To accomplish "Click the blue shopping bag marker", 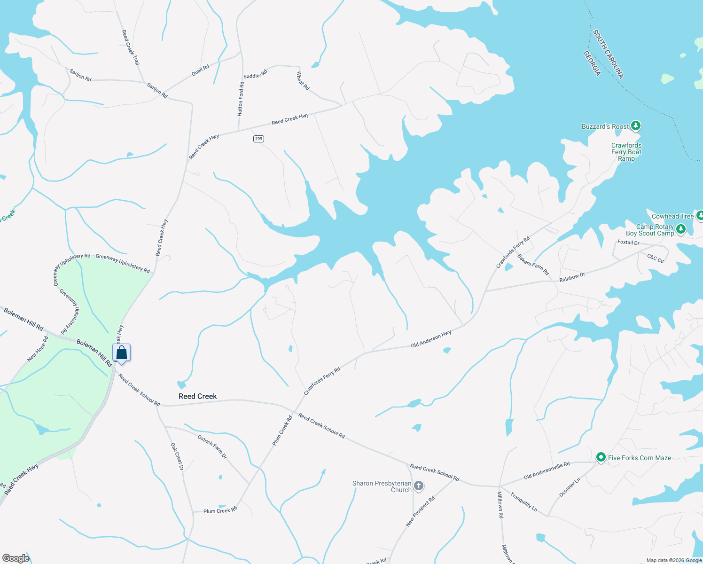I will pos(121,353).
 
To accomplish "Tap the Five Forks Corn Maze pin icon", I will pos(601,457).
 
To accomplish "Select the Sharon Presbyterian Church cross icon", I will pos(418,486).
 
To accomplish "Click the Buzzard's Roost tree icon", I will pos(636,126).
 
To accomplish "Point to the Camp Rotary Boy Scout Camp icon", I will pos(680,229).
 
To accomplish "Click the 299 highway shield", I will pos(258,139).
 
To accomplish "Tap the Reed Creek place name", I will pos(198,396).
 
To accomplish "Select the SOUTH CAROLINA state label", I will pos(608,54).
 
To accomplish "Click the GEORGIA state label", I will pos(592,63).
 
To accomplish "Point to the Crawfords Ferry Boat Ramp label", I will pos(626,152).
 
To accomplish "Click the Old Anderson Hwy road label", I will pos(431,338).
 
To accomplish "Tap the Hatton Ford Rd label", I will pos(241,99).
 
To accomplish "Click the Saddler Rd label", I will pos(255,74).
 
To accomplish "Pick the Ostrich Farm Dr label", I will pos(212,446).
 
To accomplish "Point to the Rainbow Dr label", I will pos(572,277).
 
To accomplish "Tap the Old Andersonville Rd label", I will pos(547,470).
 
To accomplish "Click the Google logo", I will pos(16,558).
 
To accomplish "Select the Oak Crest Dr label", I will pos(177,456).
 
